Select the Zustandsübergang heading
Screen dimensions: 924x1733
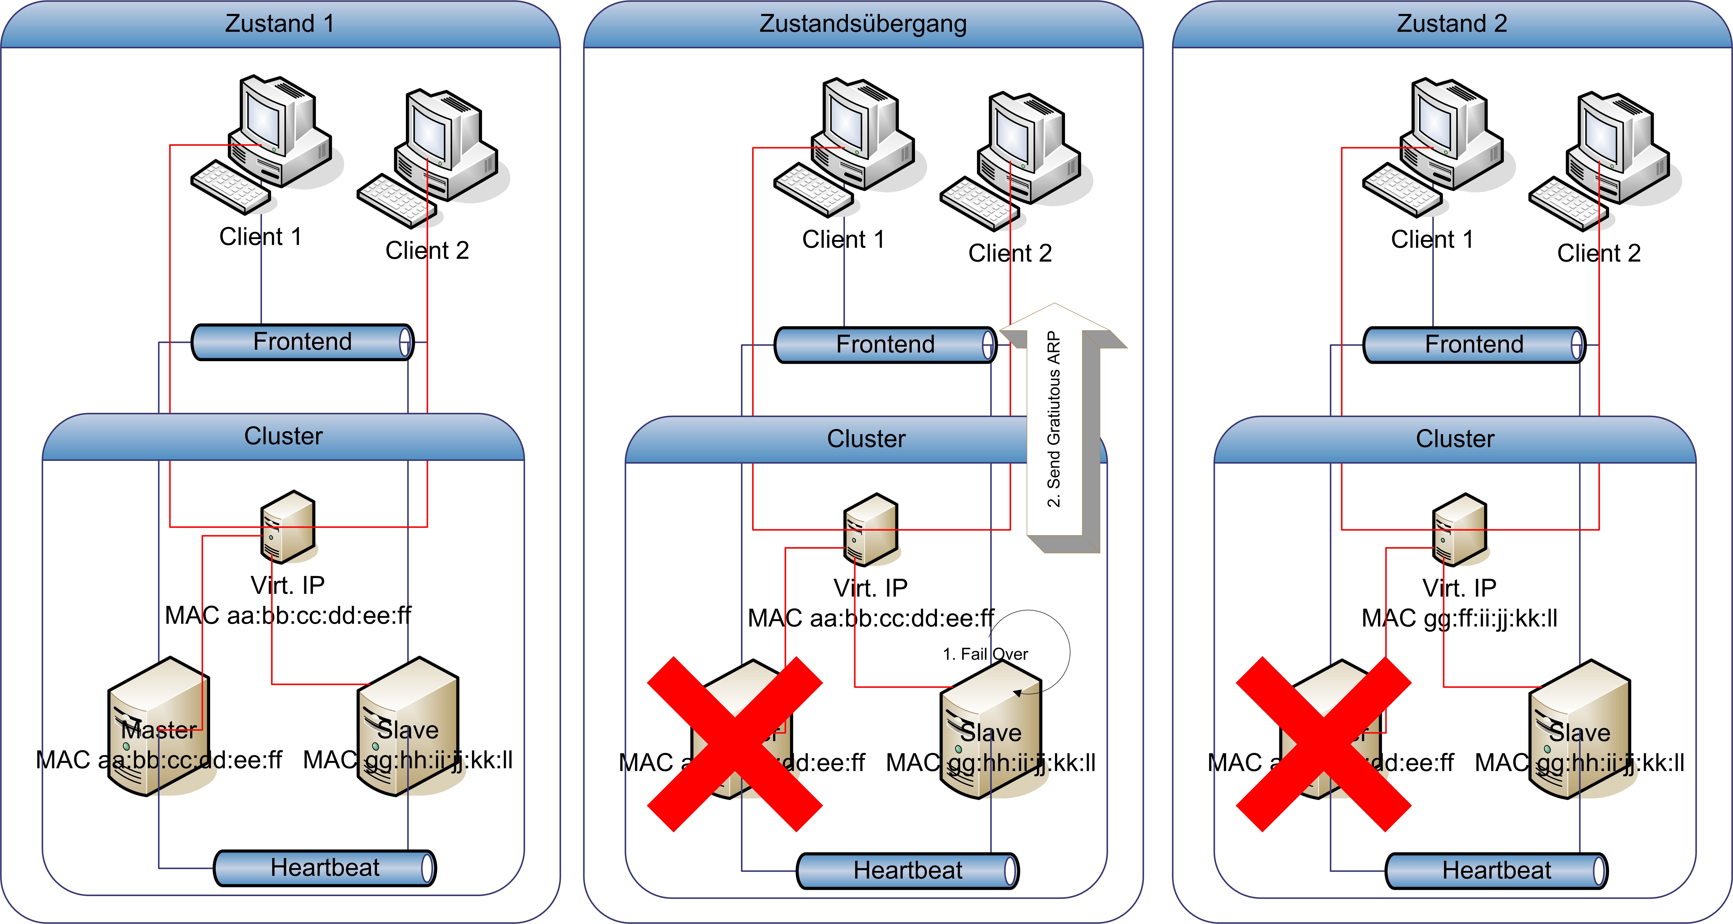[863, 23]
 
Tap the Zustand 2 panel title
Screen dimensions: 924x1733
[1452, 23]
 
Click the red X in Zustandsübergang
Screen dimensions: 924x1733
[735, 745]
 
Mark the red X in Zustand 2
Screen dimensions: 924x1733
[1323, 745]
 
